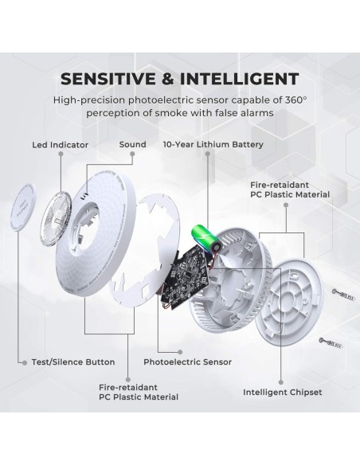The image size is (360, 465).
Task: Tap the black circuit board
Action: [186, 275]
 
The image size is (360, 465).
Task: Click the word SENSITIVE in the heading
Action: [108, 79]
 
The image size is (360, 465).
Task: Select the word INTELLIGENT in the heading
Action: [239, 79]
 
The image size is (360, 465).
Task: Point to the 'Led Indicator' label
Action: [61, 145]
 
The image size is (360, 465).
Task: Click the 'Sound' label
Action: [132, 144]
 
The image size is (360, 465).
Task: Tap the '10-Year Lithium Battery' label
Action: [213, 145]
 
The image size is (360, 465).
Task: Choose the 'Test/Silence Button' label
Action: [73, 362]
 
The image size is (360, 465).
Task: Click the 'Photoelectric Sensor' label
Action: [187, 361]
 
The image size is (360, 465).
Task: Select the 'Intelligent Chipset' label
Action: [282, 393]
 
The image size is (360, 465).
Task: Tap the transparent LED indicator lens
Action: [56, 219]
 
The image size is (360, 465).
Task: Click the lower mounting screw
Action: [331, 343]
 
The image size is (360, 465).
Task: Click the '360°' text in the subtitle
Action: [295, 100]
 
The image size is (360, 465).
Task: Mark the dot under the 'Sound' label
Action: [132, 154]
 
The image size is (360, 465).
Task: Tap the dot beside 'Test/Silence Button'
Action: [25, 363]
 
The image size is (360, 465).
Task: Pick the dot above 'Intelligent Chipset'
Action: [281, 382]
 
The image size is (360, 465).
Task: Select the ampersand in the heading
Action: [168, 79]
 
